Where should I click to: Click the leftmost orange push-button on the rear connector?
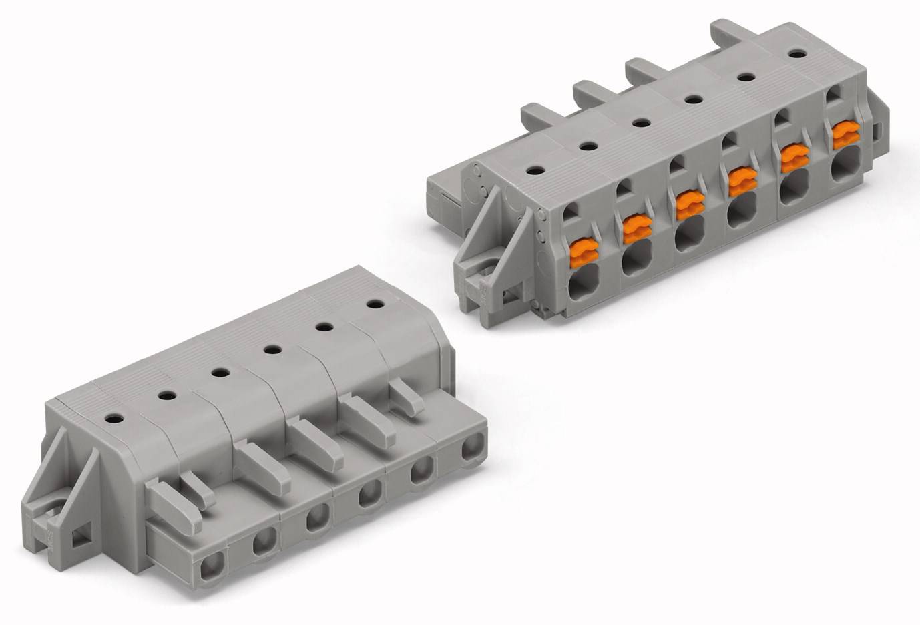pyautogui.click(x=581, y=252)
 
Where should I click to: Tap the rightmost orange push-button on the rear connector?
pyautogui.click(x=844, y=136)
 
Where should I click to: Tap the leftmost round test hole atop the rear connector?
pyautogui.click(x=535, y=170)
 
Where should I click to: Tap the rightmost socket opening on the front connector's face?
pyautogui.click(x=472, y=447)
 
